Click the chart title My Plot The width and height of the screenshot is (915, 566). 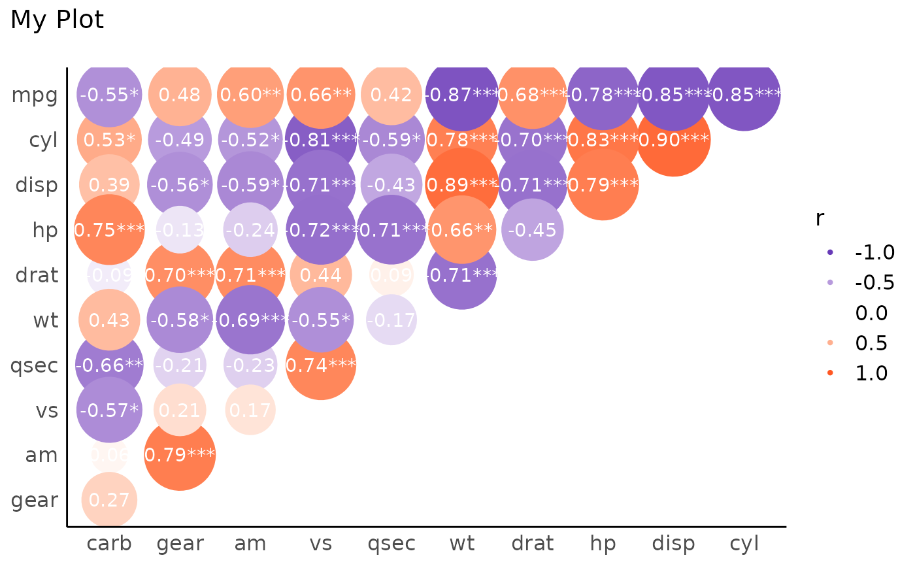(x=57, y=20)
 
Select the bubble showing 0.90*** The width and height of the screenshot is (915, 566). (x=673, y=140)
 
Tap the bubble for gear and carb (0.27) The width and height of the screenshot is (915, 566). (x=109, y=500)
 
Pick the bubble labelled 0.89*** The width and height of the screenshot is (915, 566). (x=461, y=185)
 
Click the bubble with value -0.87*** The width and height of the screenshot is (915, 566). (x=461, y=95)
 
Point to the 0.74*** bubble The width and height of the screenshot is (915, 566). (x=320, y=365)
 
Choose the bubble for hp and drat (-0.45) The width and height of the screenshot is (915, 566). (x=532, y=230)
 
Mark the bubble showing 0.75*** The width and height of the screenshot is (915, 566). (x=109, y=230)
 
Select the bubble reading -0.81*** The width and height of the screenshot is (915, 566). (x=320, y=140)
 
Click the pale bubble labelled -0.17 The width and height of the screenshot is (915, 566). (x=391, y=320)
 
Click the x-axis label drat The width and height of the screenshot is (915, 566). (x=532, y=543)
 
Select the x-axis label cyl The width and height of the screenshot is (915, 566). (x=744, y=543)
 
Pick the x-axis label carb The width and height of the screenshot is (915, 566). (x=109, y=543)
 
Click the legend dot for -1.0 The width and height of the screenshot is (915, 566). (x=830, y=252)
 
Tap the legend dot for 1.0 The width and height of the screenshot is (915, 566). (x=830, y=373)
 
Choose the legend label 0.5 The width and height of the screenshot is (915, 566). (x=871, y=342)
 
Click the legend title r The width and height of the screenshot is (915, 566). (x=820, y=219)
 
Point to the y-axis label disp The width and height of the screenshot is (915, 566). (x=37, y=186)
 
